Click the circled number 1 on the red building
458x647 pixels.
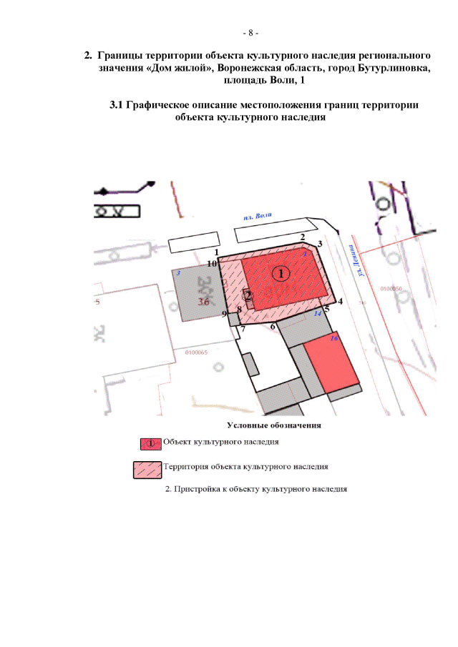(x=282, y=274)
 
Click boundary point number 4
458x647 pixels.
(x=341, y=302)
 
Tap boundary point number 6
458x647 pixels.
(x=273, y=326)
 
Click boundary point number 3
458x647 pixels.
(x=320, y=245)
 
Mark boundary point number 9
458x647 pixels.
(x=224, y=314)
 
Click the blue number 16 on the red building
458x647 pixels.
(x=333, y=337)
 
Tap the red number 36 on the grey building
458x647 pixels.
(x=204, y=302)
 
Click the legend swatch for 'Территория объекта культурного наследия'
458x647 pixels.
(x=148, y=469)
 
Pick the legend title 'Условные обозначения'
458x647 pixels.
(x=274, y=425)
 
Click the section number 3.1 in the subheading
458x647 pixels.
(x=117, y=105)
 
